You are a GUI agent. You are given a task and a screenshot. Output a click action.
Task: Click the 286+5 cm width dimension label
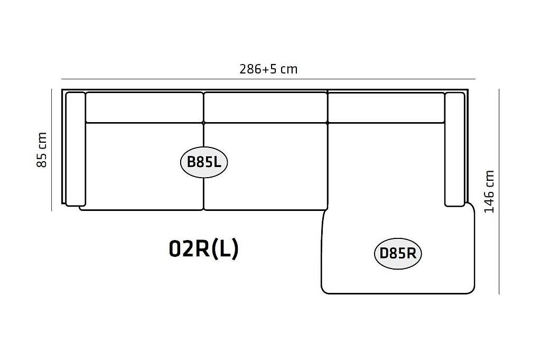pyautogui.click(x=268, y=69)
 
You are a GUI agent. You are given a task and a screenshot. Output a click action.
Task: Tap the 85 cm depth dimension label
pyautogui.click(x=41, y=150)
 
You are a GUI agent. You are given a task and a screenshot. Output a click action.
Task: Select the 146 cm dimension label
pyautogui.click(x=489, y=191)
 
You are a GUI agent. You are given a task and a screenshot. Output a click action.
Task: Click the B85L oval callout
pyautogui.click(x=204, y=162)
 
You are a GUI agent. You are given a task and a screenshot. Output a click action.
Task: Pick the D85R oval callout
pyautogui.click(x=398, y=254)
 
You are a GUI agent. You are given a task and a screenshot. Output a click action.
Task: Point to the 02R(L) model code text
pyautogui.click(x=203, y=248)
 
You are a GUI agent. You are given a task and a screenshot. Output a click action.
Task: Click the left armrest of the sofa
pyautogui.click(x=76, y=149)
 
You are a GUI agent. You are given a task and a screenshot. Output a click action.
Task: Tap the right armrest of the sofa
pyautogui.click(x=455, y=149)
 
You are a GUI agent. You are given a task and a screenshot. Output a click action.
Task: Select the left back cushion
pyautogui.click(x=144, y=107)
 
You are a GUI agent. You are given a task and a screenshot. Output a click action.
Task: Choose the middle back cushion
pyautogui.click(x=265, y=107)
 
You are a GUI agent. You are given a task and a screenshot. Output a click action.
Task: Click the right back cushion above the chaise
pyautogui.click(x=386, y=107)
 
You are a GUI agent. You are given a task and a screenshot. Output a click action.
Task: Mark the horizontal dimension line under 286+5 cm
pyautogui.click(x=268, y=79)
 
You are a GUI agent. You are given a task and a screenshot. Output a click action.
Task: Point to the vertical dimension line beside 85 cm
pyautogui.click(x=52, y=150)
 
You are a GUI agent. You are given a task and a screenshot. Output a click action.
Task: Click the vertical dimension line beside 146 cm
pyautogui.click(x=499, y=191)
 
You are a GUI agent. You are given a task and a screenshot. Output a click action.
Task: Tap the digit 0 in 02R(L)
pyautogui.click(x=174, y=248)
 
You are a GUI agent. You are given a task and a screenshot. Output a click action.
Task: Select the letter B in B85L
pyautogui.click(x=191, y=162)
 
